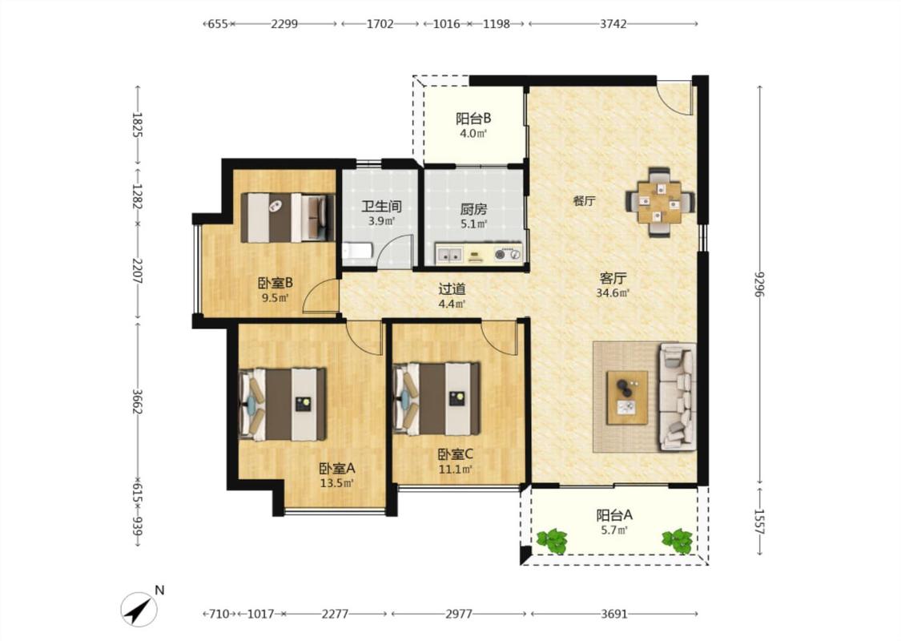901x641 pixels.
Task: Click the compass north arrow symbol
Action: pos(139,610)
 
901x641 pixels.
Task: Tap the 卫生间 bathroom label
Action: pos(381,207)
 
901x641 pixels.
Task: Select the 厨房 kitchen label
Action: pos(473,210)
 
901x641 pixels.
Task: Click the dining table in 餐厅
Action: pos(660,202)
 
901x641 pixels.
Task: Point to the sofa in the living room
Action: pos(678,396)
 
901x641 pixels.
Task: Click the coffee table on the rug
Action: pos(627,397)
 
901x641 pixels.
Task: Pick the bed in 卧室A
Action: pos(282,404)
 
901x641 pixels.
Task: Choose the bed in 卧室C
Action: pos(436,399)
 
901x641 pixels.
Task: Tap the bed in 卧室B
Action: pos(288,217)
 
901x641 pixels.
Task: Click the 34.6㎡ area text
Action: pos(613,293)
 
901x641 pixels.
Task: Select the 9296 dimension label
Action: pos(760,284)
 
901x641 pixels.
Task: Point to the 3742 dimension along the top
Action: pos(613,24)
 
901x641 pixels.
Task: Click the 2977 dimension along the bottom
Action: pos(459,614)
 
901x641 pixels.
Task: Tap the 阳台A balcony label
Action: pos(613,515)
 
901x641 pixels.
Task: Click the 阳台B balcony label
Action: pos(473,119)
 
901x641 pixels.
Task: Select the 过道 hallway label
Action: pos(452,289)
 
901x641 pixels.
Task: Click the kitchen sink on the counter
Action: pos(449,253)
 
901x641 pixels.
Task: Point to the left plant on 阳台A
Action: pos(552,541)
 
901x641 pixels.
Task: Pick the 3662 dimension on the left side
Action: pos(138,401)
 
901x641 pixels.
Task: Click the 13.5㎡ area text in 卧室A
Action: pos(336,483)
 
